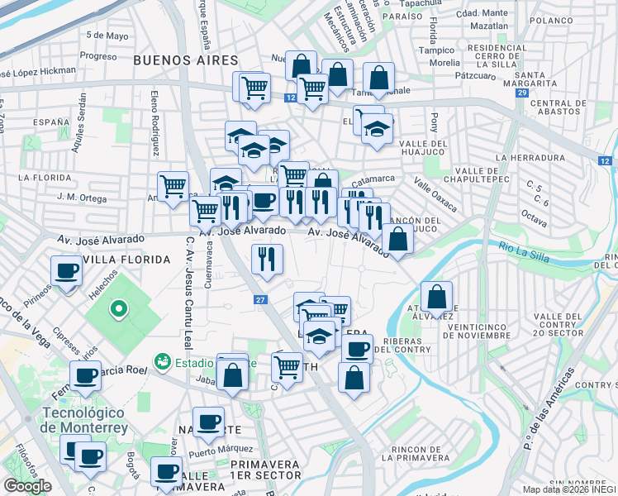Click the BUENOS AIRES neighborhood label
pos(185,60)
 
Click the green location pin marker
pos(119,310)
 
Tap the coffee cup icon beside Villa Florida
pos(66,270)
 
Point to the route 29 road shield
pos(521,93)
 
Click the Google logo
pos(27,486)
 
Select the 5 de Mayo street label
pos(107,36)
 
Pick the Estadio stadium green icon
pos(162,361)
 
